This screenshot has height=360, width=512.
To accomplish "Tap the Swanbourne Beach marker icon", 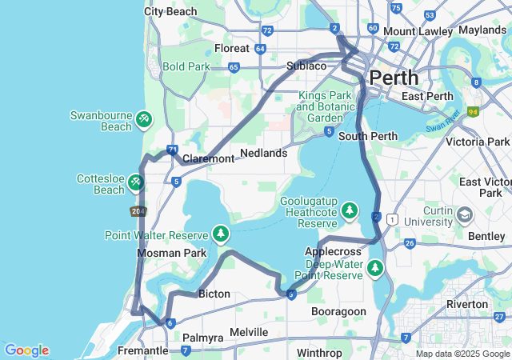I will pos(143,120).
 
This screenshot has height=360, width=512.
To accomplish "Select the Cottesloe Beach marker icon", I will pos(135,184).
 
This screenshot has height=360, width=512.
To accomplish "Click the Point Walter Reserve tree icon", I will pos(221,234).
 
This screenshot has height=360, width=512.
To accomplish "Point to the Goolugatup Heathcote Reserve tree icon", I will pos(350,210).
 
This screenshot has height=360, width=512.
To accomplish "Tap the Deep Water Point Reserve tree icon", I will pos(374,268).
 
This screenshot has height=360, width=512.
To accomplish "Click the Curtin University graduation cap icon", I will pos(465,215).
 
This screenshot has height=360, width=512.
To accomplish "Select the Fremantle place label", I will pos(143,350).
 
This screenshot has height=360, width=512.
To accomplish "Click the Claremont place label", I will pos(208,158).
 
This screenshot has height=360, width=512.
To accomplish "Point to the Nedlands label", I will pos(263,153).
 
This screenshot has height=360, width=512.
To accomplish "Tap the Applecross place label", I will pos(333,251).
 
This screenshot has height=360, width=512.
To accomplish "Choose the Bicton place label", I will pos(214,294).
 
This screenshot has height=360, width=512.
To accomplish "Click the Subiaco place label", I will pos(306,66).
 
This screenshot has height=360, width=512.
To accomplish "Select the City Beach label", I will pos(170,11).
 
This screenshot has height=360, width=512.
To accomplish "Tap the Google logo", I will pos(26,350).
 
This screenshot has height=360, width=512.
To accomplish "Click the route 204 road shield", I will pos(138,211).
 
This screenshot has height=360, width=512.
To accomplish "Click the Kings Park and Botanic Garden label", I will pos(325,106).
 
